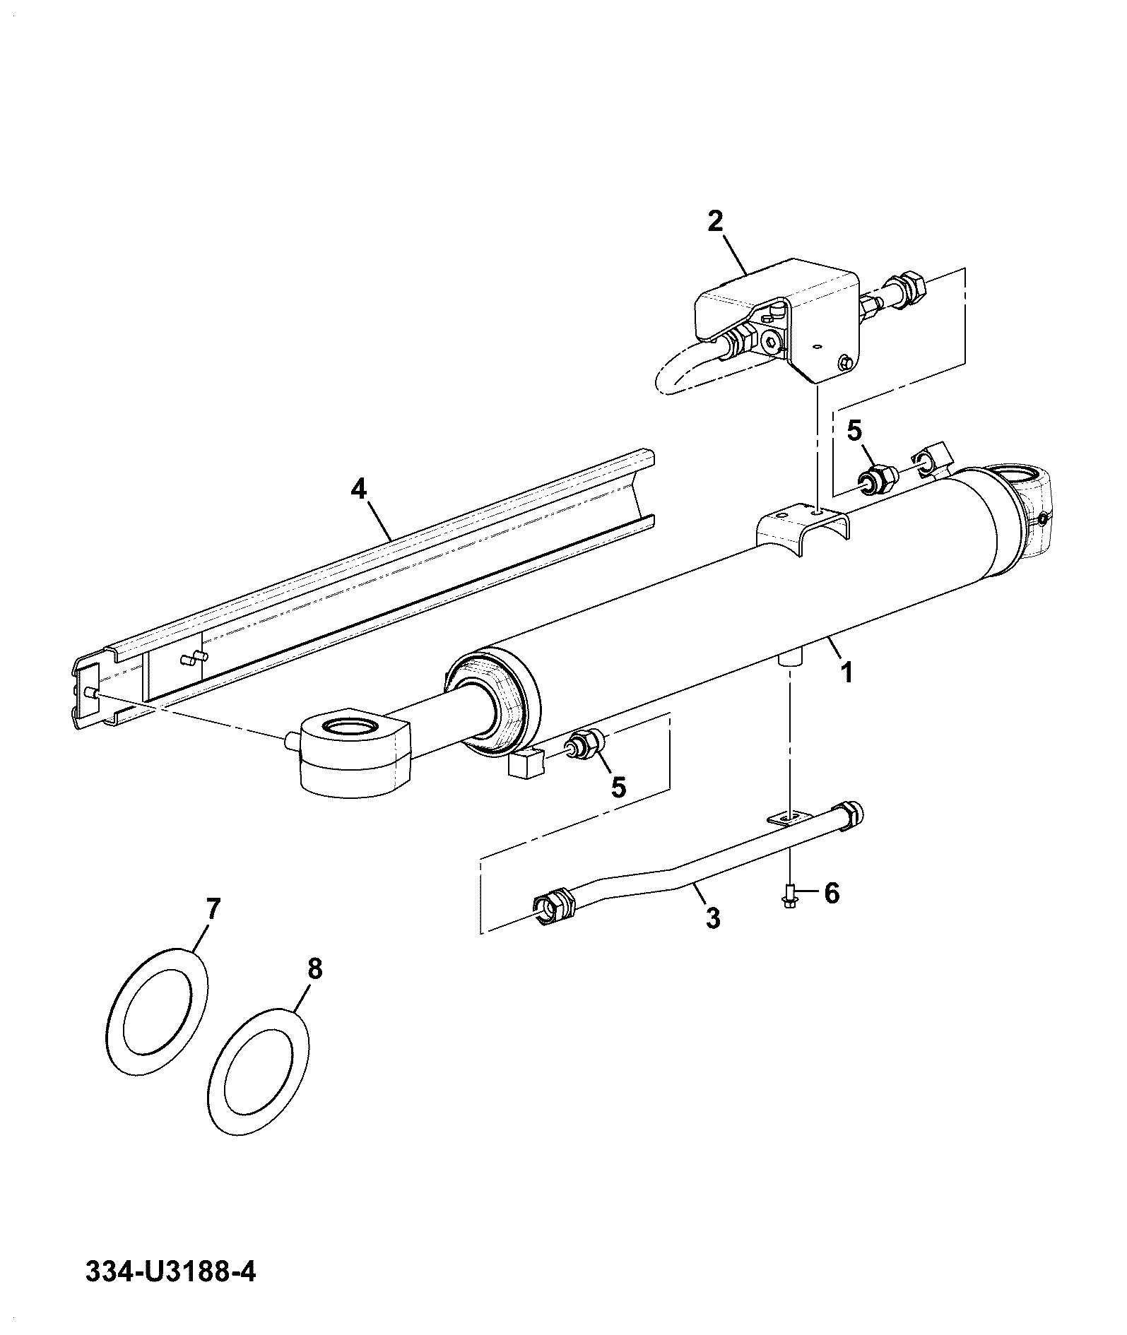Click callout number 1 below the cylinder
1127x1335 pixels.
[x=846, y=671]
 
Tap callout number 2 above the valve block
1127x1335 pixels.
[x=716, y=222]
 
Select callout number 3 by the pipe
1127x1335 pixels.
[x=713, y=918]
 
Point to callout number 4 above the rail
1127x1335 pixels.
[x=360, y=489]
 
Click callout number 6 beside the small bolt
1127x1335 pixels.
[x=832, y=894]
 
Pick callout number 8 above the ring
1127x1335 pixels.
[x=315, y=969]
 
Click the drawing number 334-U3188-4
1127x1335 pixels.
[x=170, y=1273]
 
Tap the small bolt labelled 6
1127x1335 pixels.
[x=790, y=896]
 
